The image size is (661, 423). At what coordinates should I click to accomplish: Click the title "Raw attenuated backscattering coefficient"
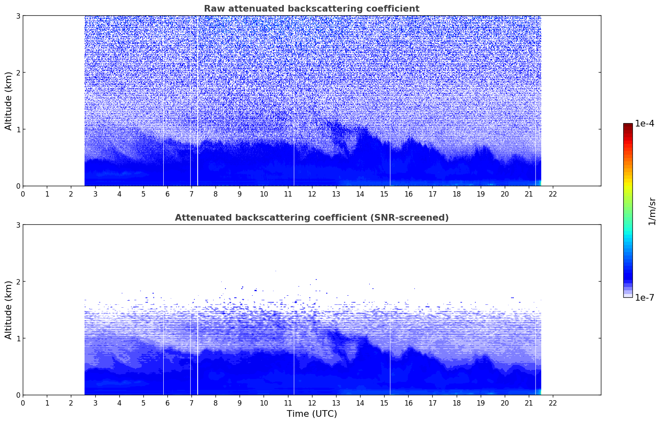tap(311, 9)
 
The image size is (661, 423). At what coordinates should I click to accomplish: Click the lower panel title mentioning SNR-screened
tap(312, 218)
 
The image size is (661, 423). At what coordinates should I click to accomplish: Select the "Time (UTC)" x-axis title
tap(312, 414)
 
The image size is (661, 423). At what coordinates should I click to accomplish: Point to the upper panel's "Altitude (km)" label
tap(8, 101)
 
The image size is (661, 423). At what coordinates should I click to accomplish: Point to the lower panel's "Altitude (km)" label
tap(8, 310)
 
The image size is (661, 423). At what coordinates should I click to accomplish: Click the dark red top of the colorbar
tap(627, 125)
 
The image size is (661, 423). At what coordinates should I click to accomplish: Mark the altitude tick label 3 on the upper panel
tap(18, 16)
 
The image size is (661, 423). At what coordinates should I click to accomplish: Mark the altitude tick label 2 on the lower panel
tap(18, 282)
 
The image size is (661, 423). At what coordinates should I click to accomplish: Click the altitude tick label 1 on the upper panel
tap(18, 129)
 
